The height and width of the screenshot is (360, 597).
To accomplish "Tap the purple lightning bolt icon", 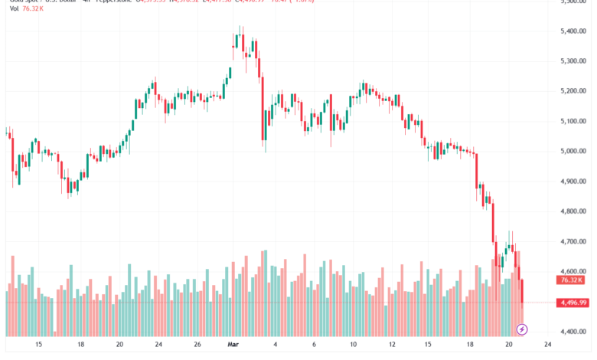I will (522, 329).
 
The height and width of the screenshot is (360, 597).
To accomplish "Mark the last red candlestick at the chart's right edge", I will (523, 291).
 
